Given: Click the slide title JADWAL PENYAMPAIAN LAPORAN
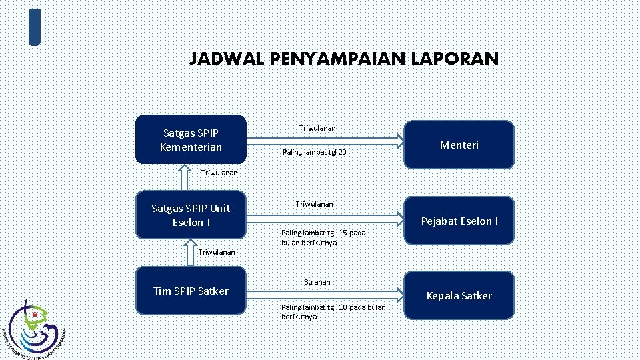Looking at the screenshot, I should [x=343, y=59].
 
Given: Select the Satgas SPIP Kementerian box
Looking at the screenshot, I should [x=191, y=139].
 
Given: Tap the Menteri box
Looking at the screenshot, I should [x=460, y=144].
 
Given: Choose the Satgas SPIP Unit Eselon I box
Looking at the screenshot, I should [x=191, y=215].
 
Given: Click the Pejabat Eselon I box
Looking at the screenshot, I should [x=460, y=221].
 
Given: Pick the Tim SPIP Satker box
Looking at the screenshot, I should [x=191, y=291].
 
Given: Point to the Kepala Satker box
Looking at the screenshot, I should [x=460, y=295].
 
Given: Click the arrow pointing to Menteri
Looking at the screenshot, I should [x=327, y=140].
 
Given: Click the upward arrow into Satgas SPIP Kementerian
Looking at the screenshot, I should [x=185, y=177].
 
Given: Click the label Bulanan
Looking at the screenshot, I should [x=317, y=282].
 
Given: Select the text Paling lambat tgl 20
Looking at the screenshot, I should [x=314, y=153].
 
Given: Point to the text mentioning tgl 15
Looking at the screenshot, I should [x=323, y=237].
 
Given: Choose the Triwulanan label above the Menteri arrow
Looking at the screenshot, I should [x=317, y=127].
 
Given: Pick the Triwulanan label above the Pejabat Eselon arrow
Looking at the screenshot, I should [x=315, y=203].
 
